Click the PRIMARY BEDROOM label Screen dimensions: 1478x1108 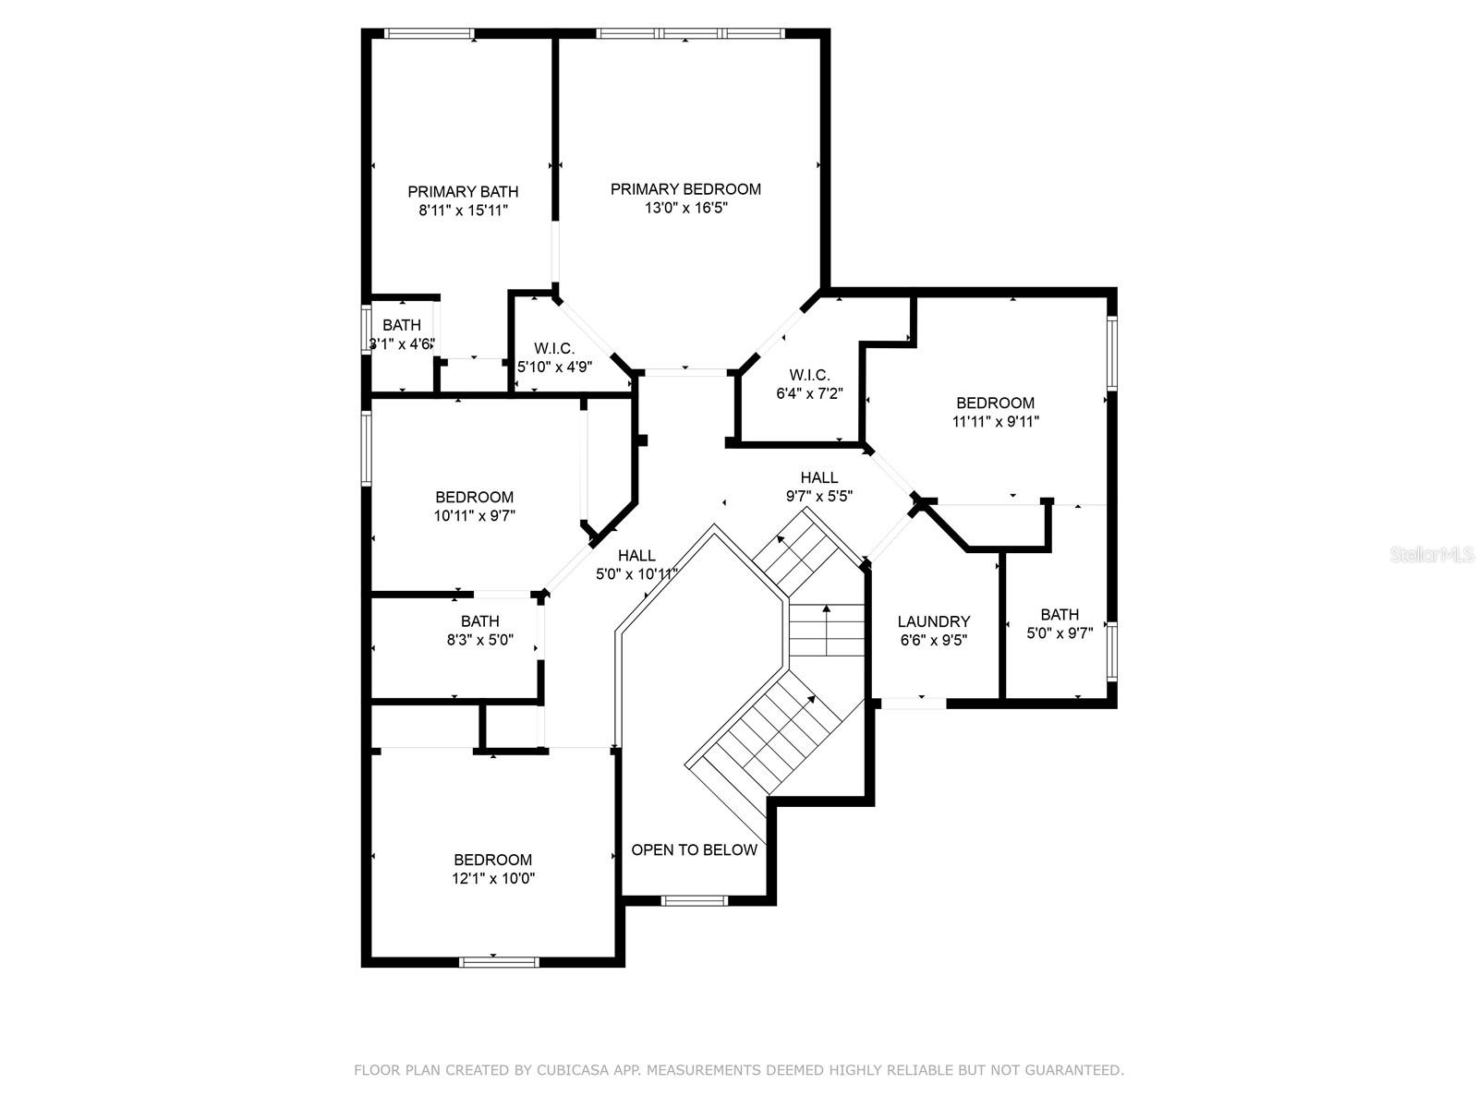pyautogui.click(x=685, y=189)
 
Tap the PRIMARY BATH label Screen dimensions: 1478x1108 pyautogui.click(x=463, y=192)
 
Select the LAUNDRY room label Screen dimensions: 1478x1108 pyautogui.click(x=933, y=621)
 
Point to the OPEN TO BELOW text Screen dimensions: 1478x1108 pyautogui.click(x=695, y=849)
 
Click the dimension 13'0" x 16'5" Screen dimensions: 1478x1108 pyautogui.click(x=686, y=208)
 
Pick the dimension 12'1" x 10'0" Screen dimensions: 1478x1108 pyautogui.click(x=493, y=878)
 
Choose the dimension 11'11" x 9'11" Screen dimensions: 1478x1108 pyautogui.click(x=995, y=422)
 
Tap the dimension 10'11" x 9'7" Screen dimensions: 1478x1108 pyautogui.click(x=475, y=516)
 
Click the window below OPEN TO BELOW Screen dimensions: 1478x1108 pyautogui.click(x=695, y=900)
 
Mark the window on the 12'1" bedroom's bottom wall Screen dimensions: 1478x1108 pyautogui.click(x=499, y=962)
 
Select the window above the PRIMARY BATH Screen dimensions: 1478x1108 pyautogui.click(x=429, y=33)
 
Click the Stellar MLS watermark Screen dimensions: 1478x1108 pyautogui.click(x=1431, y=554)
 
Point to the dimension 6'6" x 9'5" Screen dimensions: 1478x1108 pyautogui.click(x=933, y=640)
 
